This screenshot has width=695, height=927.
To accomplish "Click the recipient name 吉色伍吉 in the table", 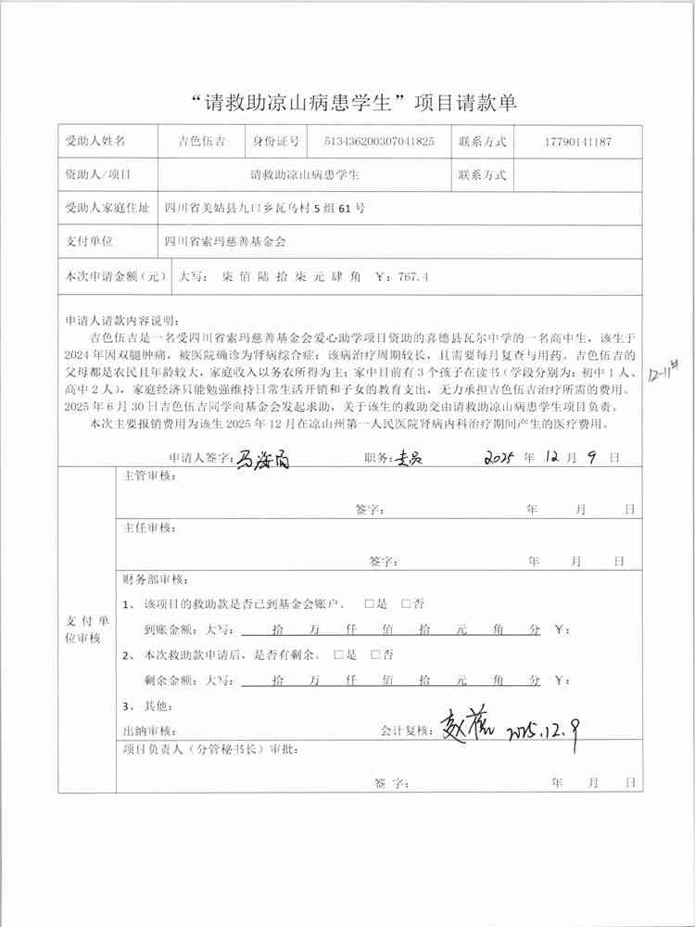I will pos(201,142).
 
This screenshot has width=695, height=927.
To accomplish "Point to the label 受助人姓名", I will pos(95,142).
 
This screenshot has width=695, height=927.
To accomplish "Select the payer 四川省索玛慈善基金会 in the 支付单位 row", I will pos(225,241).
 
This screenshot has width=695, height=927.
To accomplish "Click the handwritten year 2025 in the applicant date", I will pos(505,458).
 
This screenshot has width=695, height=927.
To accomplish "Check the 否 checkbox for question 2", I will pos(375,654).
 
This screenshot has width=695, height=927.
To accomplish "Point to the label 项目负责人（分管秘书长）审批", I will pos(211,749).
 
